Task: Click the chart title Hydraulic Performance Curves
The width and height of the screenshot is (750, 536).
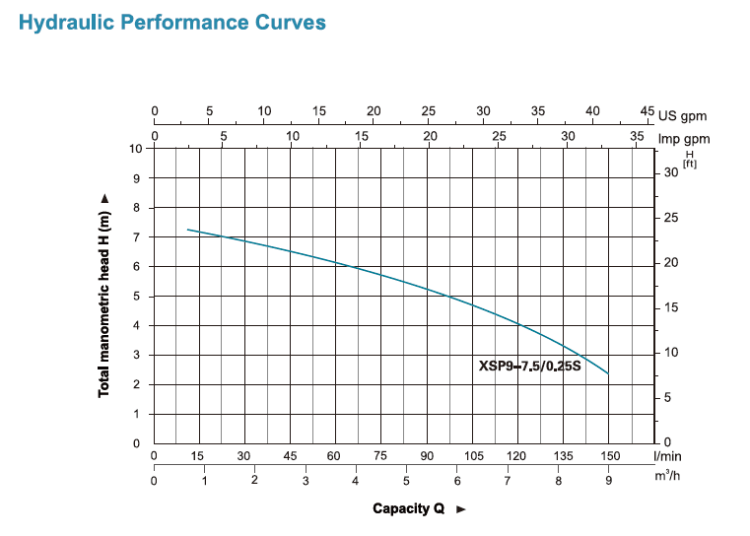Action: point(171,22)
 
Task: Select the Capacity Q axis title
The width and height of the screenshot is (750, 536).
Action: point(408,508)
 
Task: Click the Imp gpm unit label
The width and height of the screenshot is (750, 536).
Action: point(683,139)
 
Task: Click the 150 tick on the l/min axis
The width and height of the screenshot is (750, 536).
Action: point(609,456)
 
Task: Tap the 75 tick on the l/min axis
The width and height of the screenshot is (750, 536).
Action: point(380,456)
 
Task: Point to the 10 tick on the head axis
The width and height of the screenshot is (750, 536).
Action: point(136,149)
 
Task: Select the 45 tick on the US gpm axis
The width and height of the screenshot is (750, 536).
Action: point(647,111)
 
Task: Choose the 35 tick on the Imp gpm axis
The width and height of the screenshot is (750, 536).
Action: point(637,135)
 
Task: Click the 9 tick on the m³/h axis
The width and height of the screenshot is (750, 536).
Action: point(609,481)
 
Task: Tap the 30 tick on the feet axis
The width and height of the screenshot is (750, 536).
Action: point(670,172)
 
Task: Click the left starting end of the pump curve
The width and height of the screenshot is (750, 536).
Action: point(188,230)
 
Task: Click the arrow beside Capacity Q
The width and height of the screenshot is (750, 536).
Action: point(460,509)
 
